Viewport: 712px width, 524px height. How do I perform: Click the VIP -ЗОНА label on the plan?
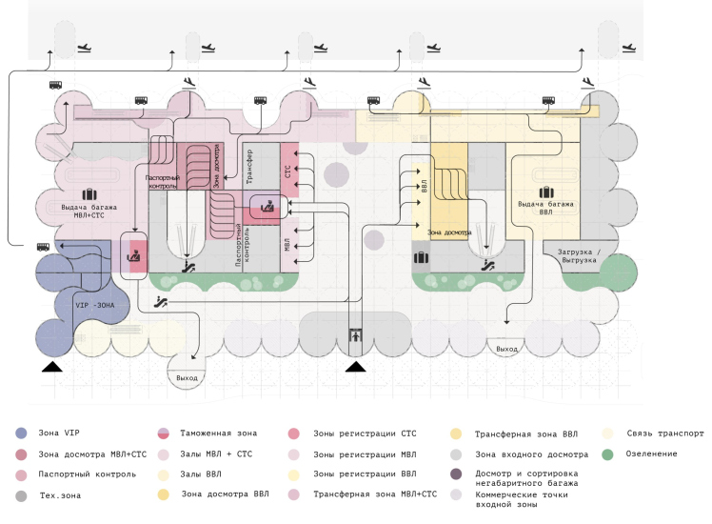(99, 306)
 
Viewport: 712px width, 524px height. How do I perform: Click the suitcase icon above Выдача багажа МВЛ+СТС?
(74, 195)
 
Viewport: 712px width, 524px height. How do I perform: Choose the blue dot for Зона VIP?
(21, 433)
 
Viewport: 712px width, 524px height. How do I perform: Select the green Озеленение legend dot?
(606, 453)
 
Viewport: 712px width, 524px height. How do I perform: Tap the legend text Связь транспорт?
(666, 433)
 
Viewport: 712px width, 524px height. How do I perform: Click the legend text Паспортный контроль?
(85, 474)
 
